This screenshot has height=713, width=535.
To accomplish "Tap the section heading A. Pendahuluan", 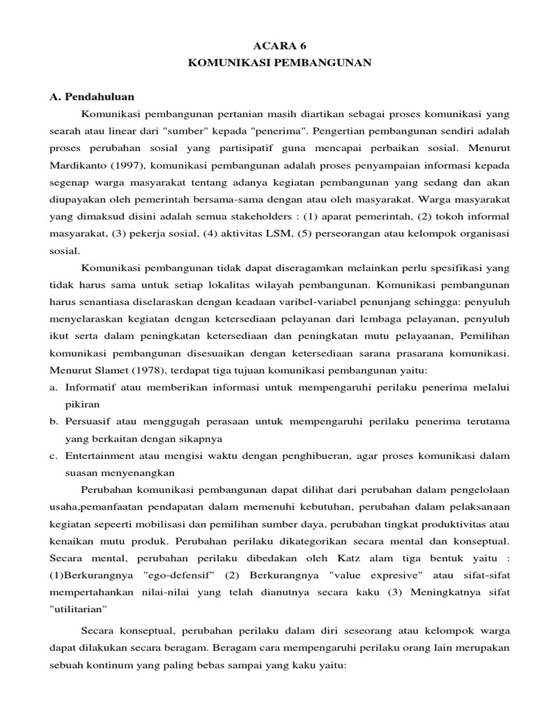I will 92,96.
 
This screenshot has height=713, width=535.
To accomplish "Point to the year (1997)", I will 127,166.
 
